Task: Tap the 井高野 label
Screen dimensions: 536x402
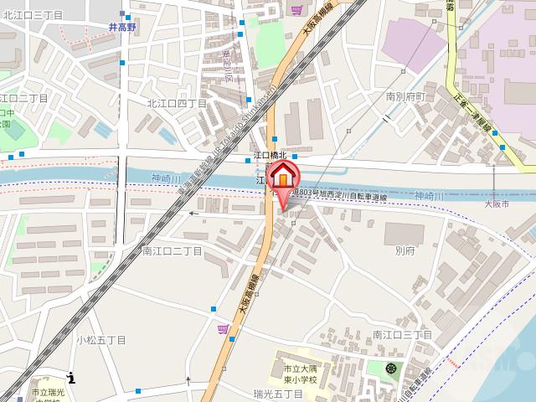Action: [122, 27]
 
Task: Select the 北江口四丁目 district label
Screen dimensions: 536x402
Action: [177, 103]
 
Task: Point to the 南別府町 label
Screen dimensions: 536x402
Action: [406, 96]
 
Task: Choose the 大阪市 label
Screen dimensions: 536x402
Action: [497, 204]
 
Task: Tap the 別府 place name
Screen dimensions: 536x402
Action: [405, 250]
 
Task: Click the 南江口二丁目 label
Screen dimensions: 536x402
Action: [172, 250]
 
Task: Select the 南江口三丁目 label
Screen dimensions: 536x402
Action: [402, 335]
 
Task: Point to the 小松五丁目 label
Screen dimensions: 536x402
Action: [100, 340]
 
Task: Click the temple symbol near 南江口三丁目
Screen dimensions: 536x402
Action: [390, 367]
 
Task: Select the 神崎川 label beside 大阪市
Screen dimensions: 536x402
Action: [428, 196]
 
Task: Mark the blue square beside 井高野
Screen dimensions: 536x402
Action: [122, 14]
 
